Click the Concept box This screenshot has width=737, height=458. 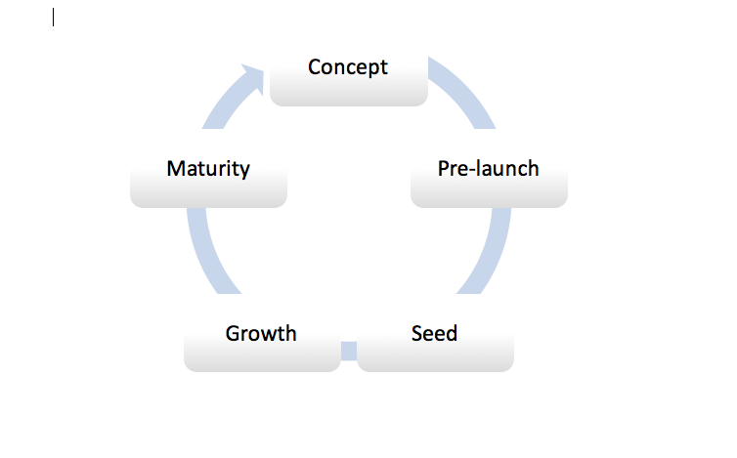pos(349,80)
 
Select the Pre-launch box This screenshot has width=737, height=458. pos(490,182)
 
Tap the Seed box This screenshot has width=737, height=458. pos(435,346)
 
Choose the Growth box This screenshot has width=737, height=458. pos(262,346)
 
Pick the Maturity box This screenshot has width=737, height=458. pos(209,182)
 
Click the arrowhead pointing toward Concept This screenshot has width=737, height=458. pos(254,77)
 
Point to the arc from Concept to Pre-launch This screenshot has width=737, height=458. pos(463,89)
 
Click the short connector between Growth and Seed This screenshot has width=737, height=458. pos(349,351)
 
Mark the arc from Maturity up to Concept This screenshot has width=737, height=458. pos(226,104)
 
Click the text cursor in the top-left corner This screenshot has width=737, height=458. pos(54,18)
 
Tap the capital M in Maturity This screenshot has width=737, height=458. pos(176,168)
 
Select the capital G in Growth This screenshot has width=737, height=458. pos(234,334)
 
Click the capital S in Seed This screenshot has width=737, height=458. pos(417,334)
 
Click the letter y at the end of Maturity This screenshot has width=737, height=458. pos(244,171)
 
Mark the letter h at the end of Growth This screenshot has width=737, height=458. pos(290,333)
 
